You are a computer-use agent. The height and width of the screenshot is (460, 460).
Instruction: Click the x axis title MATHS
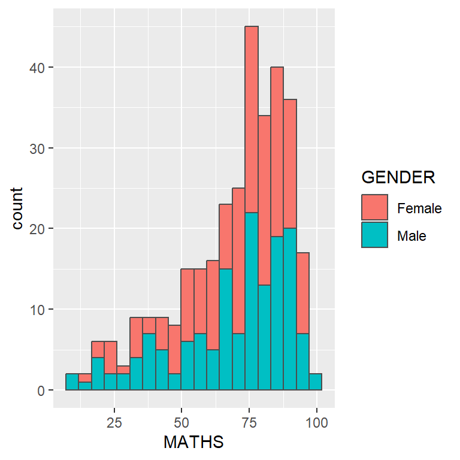click(193, 443)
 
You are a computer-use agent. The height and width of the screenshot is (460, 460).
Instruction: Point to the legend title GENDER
click(398, 178)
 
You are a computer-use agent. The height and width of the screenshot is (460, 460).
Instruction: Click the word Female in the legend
click(419, 208)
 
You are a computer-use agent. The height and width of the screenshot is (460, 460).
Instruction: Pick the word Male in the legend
click(411, 236)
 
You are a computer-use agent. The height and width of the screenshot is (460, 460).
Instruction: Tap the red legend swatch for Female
click(374, 208)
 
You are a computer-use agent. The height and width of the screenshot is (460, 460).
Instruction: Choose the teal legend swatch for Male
click(374, 235)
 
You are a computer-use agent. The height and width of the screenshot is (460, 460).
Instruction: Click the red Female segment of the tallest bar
click(252, 120)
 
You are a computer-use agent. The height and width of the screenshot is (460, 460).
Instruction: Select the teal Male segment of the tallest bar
click(252, 299)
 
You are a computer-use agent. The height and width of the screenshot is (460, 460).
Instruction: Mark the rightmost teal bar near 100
click(316, 382)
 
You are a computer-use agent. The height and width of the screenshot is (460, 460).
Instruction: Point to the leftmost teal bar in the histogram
click(72, 382)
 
